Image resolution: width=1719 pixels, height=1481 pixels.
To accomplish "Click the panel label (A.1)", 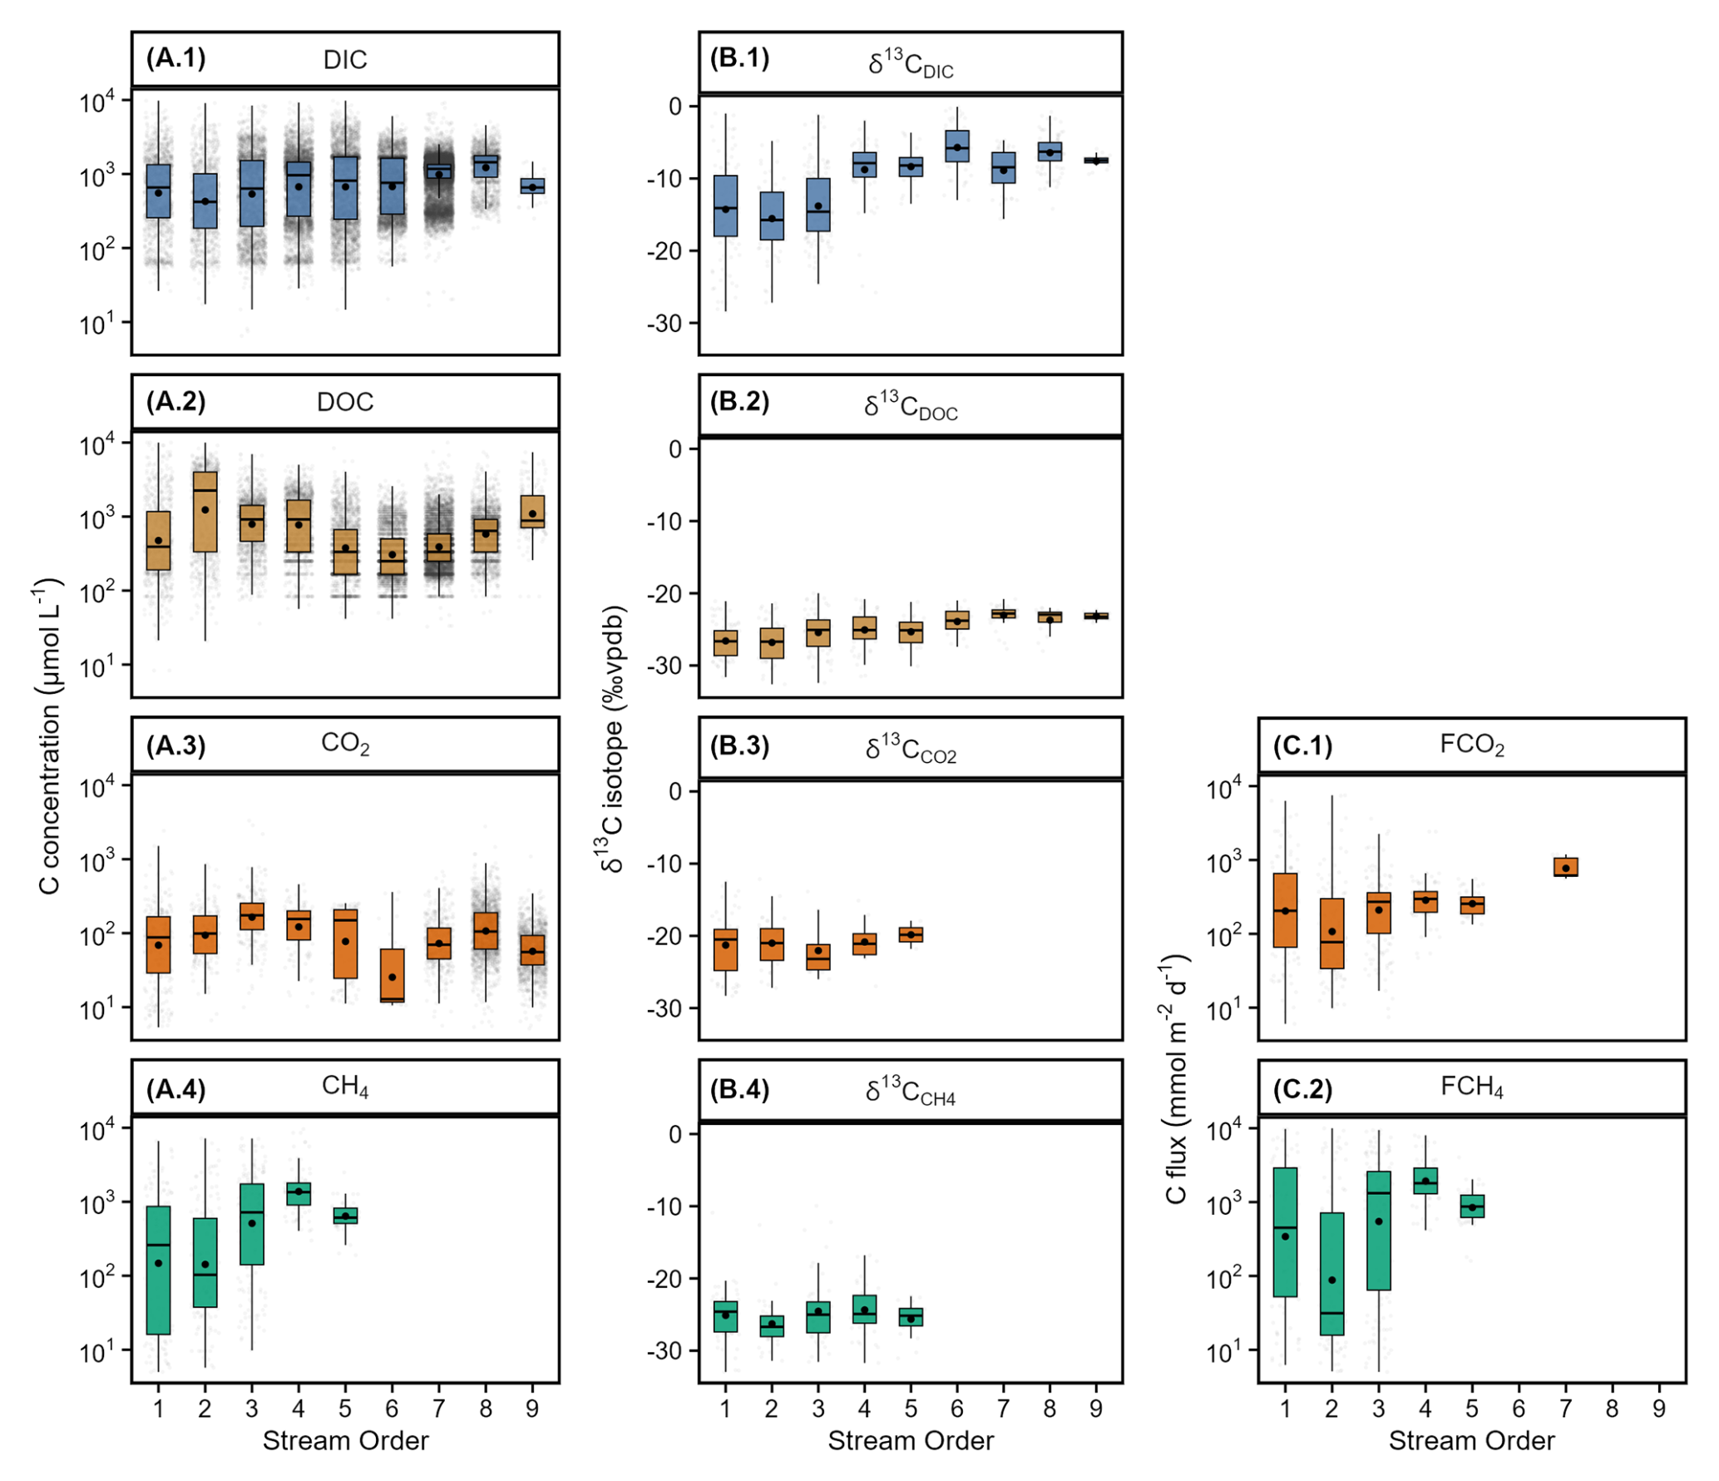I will point(175,58).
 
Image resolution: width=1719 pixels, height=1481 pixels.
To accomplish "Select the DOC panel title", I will point(345,403).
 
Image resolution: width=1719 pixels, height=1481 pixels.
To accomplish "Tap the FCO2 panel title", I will point(1471,744).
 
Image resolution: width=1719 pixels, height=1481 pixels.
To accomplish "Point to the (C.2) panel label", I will point(1302,1089).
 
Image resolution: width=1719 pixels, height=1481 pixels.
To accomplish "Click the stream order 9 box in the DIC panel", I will point(532,186).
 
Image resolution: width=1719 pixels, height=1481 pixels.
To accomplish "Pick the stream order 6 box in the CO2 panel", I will point(392,975).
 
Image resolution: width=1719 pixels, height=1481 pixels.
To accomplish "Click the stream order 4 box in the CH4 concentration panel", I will point(299,1193).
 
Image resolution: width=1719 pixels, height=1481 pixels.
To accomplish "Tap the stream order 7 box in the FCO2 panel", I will point(1565,867).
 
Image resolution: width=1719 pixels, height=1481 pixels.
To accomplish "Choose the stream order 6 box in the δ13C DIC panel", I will point(957,146).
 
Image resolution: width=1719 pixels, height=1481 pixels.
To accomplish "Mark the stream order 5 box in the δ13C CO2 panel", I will point(911,934).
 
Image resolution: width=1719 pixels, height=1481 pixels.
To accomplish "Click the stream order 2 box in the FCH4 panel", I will point(1331,1274).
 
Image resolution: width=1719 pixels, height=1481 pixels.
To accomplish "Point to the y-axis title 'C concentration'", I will point(51,736).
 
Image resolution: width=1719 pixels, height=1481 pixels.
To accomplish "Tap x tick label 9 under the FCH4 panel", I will point(1658,1409).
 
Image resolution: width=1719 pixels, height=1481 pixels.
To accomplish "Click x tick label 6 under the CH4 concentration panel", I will point(392,1409).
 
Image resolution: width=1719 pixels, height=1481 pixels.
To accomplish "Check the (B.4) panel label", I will point(738,1089).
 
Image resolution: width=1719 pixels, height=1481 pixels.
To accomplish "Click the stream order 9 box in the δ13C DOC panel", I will point(1096,616).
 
